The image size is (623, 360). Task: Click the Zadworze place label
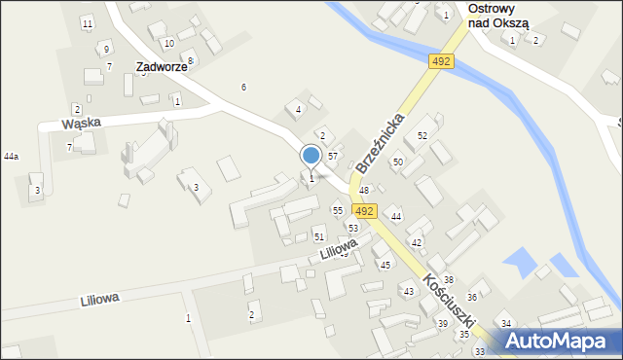(161, 67)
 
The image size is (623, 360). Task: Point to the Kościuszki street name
(449, 305)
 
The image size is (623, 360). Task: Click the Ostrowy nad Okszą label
(497, 15)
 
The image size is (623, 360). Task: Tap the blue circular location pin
(311, 156)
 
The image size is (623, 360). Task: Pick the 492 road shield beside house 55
(365, 210)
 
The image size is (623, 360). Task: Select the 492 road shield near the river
(441, 61)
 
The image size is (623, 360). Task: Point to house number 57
(332, 156)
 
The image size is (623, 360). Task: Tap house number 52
(422, 135)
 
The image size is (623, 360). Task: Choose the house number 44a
(11, 156)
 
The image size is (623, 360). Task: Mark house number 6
(243, 88)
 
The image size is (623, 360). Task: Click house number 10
(168, 43)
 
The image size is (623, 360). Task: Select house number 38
(448, 279)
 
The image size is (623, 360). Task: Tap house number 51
(318, 236)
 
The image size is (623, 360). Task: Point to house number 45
(385, 265)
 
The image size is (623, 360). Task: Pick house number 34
(505, 323)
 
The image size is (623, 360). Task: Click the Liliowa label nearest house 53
(336, 250)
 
